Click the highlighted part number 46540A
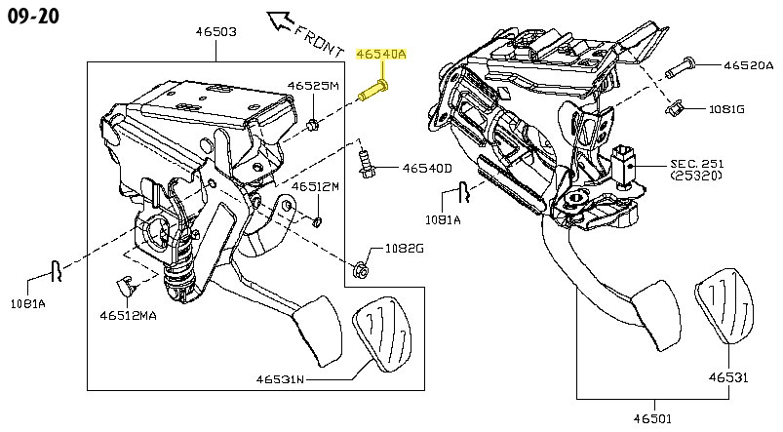pyautogui.click(x=381, y=54)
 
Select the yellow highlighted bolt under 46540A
pyautogui.click(x=374, y=91)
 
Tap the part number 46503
pyautogui.click(x=215, y=31)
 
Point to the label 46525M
pyautogui.click(x=313, y=86)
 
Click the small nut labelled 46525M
pyautogui.click(x=314, y=125)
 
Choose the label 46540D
pyautogui.click(x=427, y=169)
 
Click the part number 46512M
pyautogui.click(x=315, y=187)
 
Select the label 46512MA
pyautogui.click(x=128, y=316)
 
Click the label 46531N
pyautogui.click(x=280, y=379)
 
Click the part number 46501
pyautogui.click(x=652, y=418)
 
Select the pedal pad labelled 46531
pyautogui.click(x=724, y=312)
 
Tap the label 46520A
pyautogui.click(x=749, y=65)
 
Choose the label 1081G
pyautogui.click(x=726, y=109)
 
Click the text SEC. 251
pyautogui.click(x=696, y=164)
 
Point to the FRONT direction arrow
pyautogui.click(x=281, y=21)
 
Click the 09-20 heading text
pyautogui.click(x=33, y=16)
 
